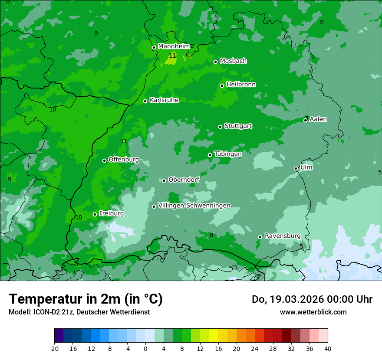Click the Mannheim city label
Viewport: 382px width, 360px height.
174,46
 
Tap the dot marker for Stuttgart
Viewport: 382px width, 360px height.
220,127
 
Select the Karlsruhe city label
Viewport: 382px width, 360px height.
164,100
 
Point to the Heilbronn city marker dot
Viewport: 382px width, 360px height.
222,85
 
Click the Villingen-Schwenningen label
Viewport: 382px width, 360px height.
194,206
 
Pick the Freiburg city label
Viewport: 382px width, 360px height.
111,213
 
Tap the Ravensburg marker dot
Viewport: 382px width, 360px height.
260,237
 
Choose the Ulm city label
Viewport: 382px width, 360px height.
306,167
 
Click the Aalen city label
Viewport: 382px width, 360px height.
318,119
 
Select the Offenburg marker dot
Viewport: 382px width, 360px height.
104,160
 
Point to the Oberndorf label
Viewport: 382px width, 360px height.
184,180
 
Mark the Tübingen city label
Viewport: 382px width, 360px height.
227,154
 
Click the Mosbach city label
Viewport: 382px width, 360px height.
233,61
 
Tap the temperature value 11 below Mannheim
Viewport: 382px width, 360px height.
172,56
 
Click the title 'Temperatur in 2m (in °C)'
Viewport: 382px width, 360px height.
86,299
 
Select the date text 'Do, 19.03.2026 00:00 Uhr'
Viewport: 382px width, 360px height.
312,299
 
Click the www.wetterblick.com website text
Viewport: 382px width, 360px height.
313,312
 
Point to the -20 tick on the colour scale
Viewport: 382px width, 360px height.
54,348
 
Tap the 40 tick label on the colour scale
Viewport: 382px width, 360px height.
328,348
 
